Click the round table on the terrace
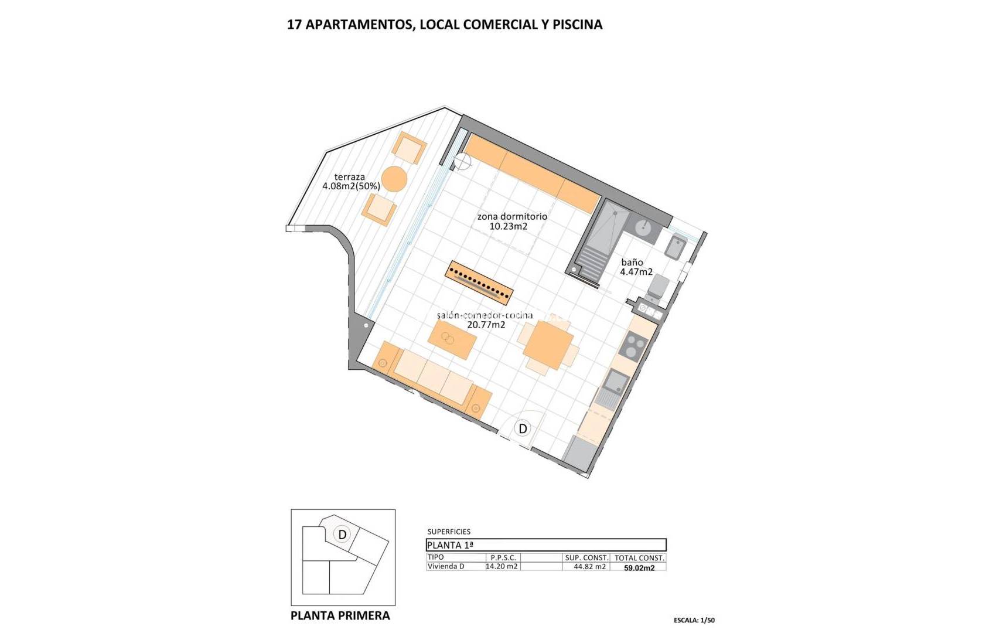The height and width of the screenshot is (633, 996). (394, 179)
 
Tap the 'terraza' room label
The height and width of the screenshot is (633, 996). (350, 177)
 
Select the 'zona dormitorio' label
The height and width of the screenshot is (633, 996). (511, 216)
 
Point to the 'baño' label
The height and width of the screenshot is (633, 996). (632, 263)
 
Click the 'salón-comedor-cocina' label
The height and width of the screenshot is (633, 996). (485, 315)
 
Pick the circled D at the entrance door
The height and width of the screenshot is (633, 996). (523, 428)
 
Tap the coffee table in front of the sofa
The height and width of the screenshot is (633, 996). (452, 339)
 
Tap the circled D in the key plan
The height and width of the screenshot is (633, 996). (342, 534)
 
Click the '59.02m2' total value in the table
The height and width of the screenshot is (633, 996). (639, 568)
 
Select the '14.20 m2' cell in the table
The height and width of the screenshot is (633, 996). (502, 566)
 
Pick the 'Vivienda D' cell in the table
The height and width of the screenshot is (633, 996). (446, 566)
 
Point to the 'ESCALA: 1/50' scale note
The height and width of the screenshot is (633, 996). (694, 620)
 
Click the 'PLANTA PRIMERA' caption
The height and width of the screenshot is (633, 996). (340, 615)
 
